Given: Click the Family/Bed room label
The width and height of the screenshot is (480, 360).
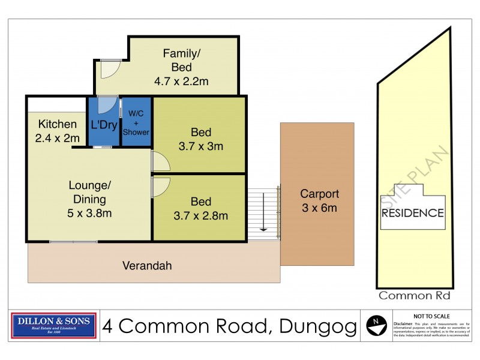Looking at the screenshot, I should (181, 60).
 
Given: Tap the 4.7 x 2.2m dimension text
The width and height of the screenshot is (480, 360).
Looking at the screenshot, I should (181, 82).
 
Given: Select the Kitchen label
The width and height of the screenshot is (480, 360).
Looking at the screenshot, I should (58, 125).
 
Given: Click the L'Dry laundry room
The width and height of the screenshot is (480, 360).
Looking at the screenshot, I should (104, 125).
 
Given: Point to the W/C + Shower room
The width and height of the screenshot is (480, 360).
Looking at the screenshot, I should (136, 122).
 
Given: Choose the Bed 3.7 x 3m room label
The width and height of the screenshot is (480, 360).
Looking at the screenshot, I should (201, 139).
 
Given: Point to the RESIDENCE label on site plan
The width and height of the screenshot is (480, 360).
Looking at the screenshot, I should (413, 213).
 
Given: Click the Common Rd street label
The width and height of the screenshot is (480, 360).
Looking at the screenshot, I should (414, 295).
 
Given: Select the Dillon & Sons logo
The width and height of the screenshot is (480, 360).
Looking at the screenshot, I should (54, 326).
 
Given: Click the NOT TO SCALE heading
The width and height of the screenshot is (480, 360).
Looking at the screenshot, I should (432, 316).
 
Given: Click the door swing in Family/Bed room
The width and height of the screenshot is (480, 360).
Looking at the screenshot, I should (108, 69).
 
